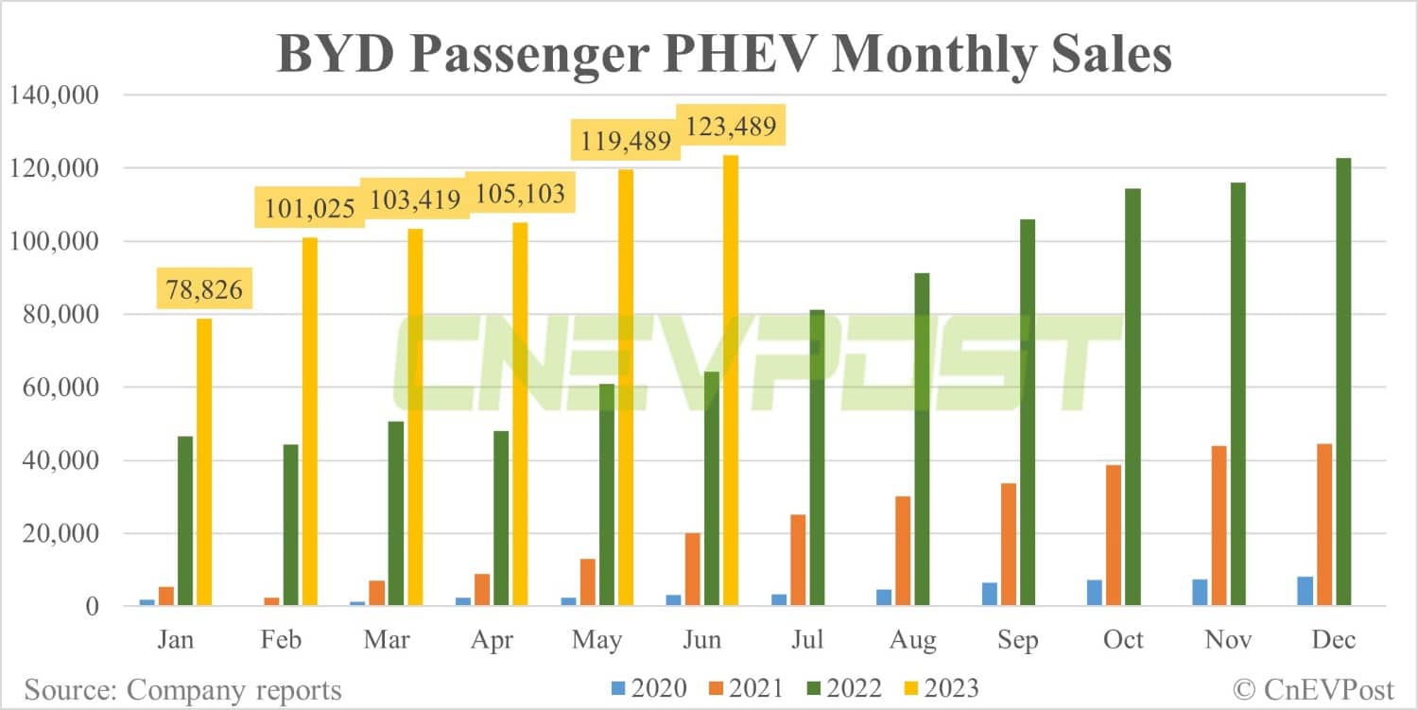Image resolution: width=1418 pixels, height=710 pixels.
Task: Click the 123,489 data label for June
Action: point(730,127)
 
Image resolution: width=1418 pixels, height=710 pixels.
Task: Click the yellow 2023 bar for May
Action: point(625,388)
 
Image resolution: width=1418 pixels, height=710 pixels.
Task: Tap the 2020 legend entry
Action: point(650,688)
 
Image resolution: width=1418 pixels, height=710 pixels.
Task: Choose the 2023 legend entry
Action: point(942,688)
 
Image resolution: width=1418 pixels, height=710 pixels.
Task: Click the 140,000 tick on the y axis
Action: point(54,95)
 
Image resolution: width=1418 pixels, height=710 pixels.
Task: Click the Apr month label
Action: point(492,641)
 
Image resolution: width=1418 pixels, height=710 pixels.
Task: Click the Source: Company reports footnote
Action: point(182,689)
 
